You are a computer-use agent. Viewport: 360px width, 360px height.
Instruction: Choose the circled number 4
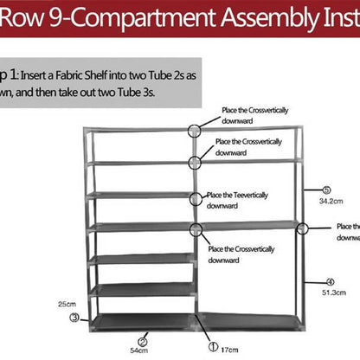(330, 281)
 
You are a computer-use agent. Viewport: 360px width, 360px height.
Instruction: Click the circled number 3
(75, 318)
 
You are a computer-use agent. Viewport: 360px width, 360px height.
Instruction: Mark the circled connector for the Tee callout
(196, 198)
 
